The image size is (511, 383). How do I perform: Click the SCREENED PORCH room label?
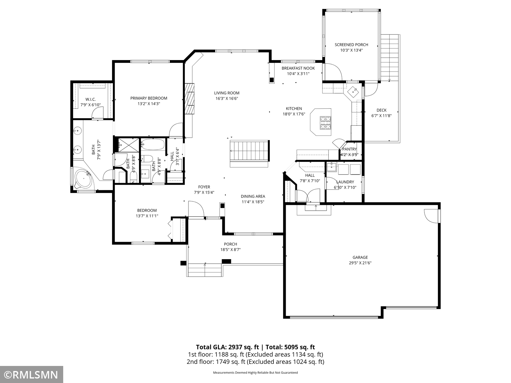click(x=351, y=45)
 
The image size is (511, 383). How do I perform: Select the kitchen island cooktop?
click(x=326, y=123)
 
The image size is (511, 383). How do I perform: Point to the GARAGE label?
click(x=360, y=257)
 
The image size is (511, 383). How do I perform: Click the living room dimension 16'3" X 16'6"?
click(x=227, y=98)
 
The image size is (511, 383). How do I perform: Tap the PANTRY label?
click(x=350, y=149)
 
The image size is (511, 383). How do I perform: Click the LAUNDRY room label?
click(x=345, y=182)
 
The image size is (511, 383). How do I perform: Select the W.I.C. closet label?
click(x=90, y=99)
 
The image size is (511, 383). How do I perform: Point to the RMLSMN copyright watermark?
click(x=31, y=375)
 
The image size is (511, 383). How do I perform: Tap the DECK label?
click(x=381, y=110)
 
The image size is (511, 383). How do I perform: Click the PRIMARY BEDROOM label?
click(x=149, y=98)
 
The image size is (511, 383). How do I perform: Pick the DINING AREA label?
click(x=253, y=196)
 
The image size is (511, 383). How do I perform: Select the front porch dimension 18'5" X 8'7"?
click(x=230, y=250)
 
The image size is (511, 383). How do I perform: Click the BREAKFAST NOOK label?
click(x=298, y=68)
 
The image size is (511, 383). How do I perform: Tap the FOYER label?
click(x=204, y=187)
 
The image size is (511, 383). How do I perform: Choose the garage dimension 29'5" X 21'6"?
click(x=360, y=263)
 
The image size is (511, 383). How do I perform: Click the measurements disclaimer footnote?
click(x=255, y=373)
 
